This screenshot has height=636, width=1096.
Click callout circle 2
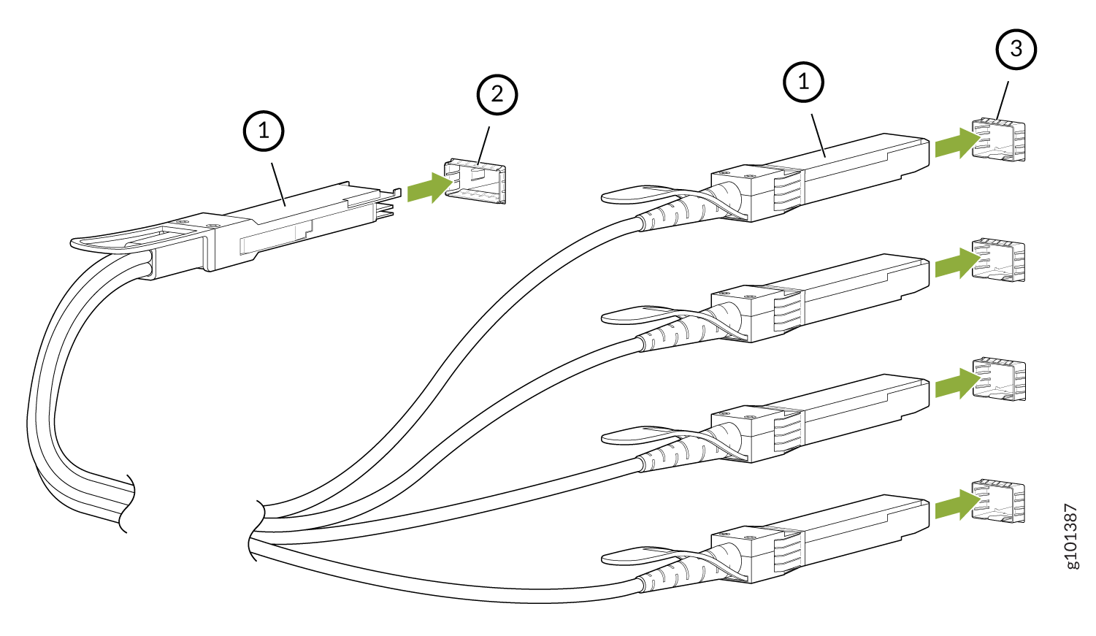(x=497, y=94)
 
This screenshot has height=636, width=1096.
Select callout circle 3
(x=1016, y=49)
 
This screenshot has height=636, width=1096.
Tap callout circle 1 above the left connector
(x=263, y=131)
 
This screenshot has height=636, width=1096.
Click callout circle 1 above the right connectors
(x=803, y=82)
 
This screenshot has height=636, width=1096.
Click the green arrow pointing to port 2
(x=429, y=188)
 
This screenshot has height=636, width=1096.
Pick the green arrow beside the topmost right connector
(x=957, y=143)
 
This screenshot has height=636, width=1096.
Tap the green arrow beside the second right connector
(x=957, y=263)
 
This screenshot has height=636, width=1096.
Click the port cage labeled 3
(x=999, y=139)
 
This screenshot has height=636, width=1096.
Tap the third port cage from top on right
(x=999, y=379)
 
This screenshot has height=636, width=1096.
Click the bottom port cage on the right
(x=999, y=502)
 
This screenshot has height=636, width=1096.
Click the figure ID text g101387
(x=1070, y=536)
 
